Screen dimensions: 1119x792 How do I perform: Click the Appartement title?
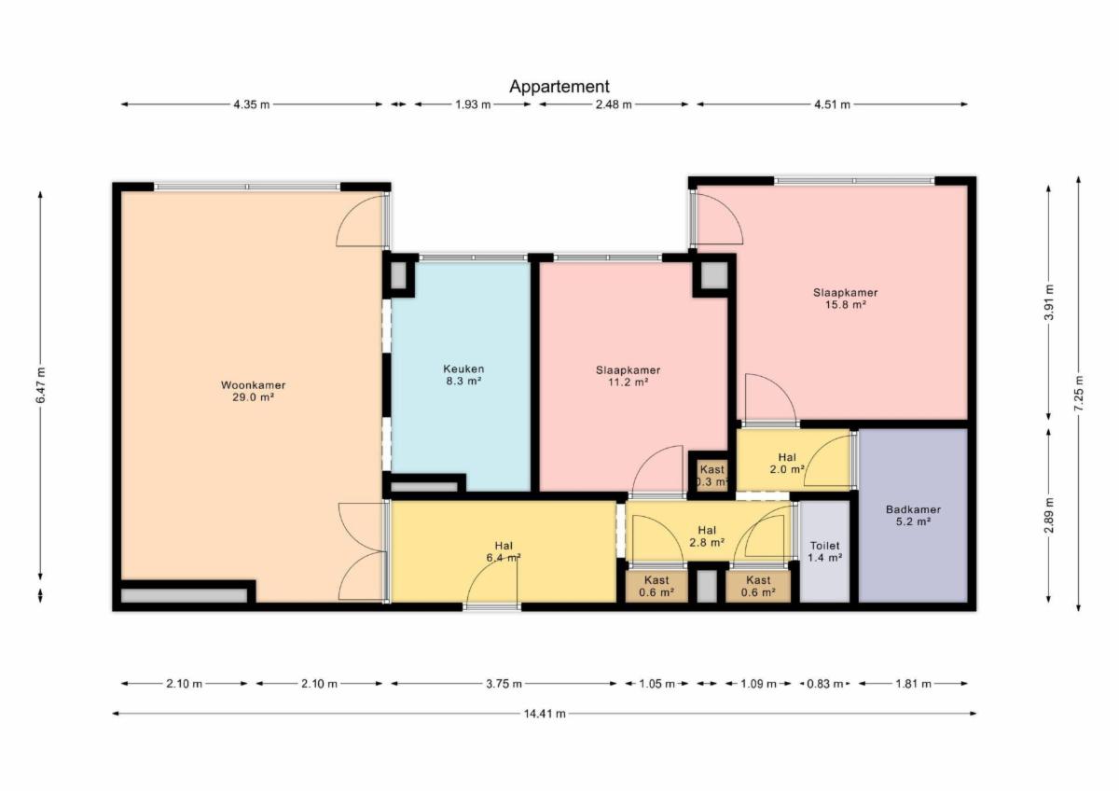click(559, 87)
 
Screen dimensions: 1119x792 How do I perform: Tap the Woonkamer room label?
click(254, 391)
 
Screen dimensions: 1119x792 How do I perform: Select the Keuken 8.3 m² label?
click(463, 375)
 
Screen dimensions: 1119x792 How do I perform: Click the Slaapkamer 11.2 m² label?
click(628, 376)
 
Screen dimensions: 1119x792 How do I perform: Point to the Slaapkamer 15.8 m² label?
click(845, 299)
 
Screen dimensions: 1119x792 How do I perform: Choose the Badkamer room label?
click(913, 516)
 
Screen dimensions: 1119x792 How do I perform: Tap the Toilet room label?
click(824, 551)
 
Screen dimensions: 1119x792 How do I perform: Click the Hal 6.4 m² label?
click(504, 551)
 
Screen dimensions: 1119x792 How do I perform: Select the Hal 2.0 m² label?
click(787, 464)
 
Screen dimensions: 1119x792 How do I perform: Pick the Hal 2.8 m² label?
click(707, 536)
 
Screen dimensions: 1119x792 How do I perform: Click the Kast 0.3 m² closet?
click(711, 476)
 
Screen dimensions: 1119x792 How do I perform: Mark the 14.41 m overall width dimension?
click(545, 714)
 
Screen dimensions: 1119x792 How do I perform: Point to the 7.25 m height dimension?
click(1079, 394)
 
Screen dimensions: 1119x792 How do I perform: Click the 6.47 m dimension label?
click(40, 384)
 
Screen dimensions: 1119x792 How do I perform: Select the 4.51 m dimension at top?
click(832, 104)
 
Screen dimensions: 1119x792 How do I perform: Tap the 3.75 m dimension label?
click(504, 684)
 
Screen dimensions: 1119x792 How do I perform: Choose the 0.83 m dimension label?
click(824, 684)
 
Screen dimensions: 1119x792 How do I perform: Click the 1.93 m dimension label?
click(473, 104)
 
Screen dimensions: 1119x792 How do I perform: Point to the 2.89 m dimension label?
click(1048, 516)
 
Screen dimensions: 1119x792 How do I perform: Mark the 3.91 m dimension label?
click(1048, 302)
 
